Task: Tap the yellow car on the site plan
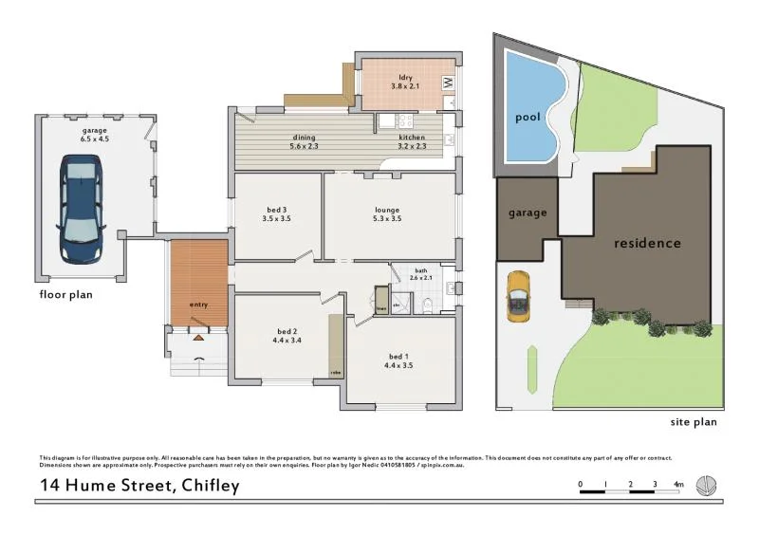(518, 296)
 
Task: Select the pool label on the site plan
(528, 119)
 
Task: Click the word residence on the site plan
(647, 243)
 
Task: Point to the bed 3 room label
(276, 214)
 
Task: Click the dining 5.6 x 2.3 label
(304, 142)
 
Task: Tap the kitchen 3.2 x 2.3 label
(412, 142)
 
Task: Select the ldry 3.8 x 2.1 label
(404, 82)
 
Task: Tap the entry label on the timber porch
(198, 305)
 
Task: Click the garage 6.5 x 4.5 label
(96, 134)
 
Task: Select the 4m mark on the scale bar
(678, 485)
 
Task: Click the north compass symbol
(707, 486)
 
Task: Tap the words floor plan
(65, 294)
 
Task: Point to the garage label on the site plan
(528, 213)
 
